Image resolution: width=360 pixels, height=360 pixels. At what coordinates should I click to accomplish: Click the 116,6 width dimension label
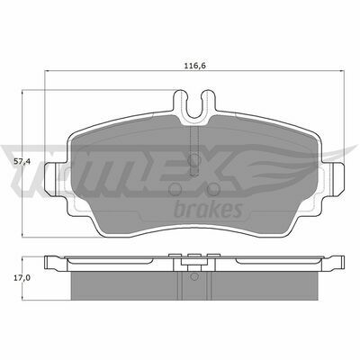pyautogui.click(x=194, y=66)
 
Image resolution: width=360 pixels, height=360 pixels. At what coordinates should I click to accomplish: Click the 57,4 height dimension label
pyautogui.click(x=22, y=162)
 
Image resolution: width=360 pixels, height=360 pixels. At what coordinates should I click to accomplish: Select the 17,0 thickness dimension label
pyautogui.click(x=22, y=278)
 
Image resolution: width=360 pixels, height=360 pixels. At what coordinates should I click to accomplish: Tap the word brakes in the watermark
pyautogui.click(x=208, y=209)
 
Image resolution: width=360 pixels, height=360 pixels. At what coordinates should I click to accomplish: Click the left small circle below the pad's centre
pyautogui.click(x=175, y=189)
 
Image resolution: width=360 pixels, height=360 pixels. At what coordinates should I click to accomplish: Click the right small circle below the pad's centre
pyautogui.click(x=213, y=189)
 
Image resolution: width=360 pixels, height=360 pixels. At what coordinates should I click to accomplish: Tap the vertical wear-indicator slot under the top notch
pyautogui.click(x=194, y=150)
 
